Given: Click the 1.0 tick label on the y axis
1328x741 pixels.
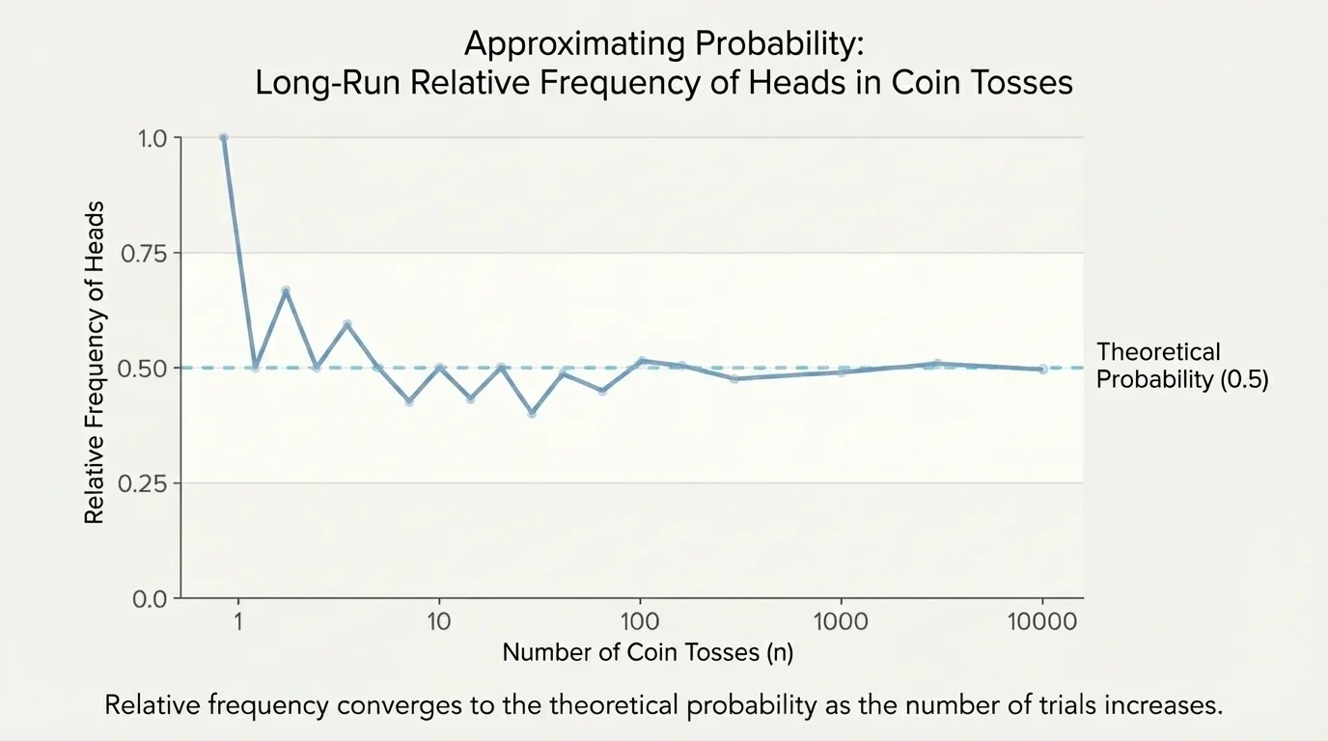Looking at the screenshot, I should [153, 138].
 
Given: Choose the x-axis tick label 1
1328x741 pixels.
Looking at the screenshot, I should [237, 622].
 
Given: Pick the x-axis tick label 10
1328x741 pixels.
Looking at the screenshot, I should [439, 622].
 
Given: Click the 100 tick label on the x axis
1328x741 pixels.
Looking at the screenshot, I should [640, 622].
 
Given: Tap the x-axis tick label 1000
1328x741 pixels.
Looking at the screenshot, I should [842, 622].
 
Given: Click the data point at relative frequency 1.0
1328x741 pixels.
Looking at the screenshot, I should [224, 138].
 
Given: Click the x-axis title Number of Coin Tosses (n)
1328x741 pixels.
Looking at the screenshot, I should [648, 653].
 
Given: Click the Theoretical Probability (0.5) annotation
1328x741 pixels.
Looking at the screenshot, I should [1181, 366].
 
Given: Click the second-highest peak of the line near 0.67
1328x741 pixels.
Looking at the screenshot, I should [286, 289].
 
